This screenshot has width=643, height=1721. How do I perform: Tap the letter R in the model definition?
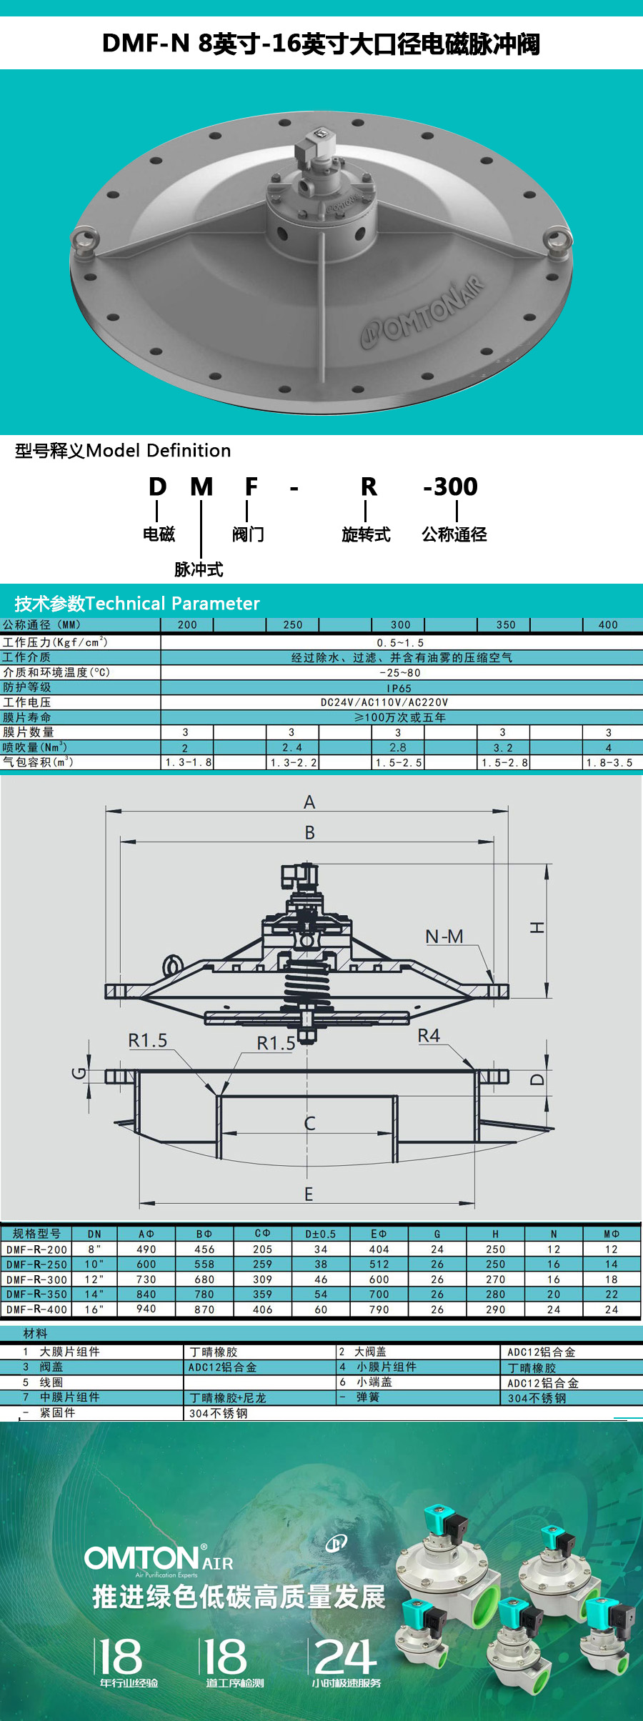369,487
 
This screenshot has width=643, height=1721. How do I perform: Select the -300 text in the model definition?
450,487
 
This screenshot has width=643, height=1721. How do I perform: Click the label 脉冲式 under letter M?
199,569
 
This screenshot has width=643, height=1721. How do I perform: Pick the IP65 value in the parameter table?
399,689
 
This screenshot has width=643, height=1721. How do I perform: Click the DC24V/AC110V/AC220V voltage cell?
384,703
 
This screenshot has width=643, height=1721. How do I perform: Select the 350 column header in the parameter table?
506,625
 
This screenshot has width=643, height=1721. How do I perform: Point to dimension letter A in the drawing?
309,802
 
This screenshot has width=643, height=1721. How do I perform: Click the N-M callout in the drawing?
444,937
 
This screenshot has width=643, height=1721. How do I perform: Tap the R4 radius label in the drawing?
429,1036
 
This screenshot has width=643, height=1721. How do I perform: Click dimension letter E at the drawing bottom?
309,1194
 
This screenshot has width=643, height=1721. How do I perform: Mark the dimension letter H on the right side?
537,927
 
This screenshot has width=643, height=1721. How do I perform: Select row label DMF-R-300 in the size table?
36,1279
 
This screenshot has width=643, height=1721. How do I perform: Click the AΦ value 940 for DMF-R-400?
146,1309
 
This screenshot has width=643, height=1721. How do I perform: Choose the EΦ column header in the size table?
379,1234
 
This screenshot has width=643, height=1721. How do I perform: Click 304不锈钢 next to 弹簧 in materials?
537,1398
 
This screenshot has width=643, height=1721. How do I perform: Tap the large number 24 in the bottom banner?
345,1656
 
